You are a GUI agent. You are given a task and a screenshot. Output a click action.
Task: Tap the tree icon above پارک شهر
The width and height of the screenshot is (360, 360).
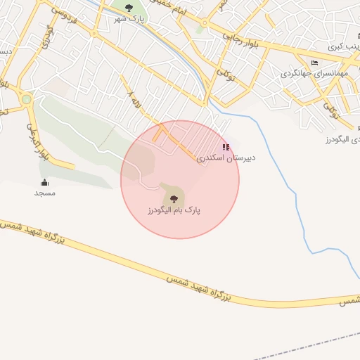click(x=128, y=8)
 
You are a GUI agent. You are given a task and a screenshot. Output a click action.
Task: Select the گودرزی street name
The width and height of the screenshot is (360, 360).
click(x=48, y=35)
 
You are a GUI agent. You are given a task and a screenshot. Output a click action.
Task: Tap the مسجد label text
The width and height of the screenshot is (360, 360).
click(x=44, y=193)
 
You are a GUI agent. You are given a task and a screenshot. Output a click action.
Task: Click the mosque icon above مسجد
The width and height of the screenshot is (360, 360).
click(x=44, y=183)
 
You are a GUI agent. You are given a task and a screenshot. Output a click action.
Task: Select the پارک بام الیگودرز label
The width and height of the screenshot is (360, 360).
click(x=174, y=210)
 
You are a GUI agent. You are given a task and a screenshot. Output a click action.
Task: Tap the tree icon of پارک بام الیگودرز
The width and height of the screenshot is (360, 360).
click(x=174, y=200)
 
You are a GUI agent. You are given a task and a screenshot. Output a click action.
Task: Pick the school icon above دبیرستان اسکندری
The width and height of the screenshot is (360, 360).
click(x=225, y=147)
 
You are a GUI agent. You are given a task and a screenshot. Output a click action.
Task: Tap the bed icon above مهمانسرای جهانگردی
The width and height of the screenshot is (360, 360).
click(x=314, y=63)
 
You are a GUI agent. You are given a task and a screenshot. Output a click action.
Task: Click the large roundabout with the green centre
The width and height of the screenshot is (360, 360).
click(x=26, y=99)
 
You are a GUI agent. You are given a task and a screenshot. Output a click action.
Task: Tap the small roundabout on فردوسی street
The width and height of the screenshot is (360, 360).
click(x=94, y=32)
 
